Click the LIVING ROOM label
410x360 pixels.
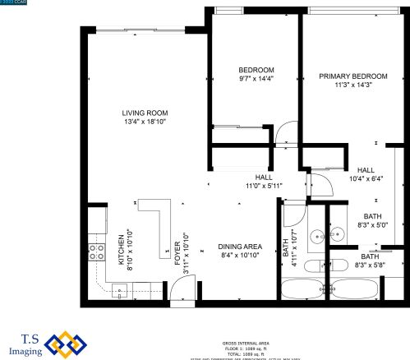point(145,113)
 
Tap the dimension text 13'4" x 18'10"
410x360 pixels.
point(145,123)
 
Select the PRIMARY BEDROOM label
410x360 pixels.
point(352,76)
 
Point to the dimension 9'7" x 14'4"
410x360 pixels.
point(256,79)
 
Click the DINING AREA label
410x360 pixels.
point(239,247)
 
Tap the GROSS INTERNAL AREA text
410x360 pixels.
point(245,343)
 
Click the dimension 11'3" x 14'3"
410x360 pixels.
point(352,85)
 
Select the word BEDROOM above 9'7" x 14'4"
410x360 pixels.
point(256,70)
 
